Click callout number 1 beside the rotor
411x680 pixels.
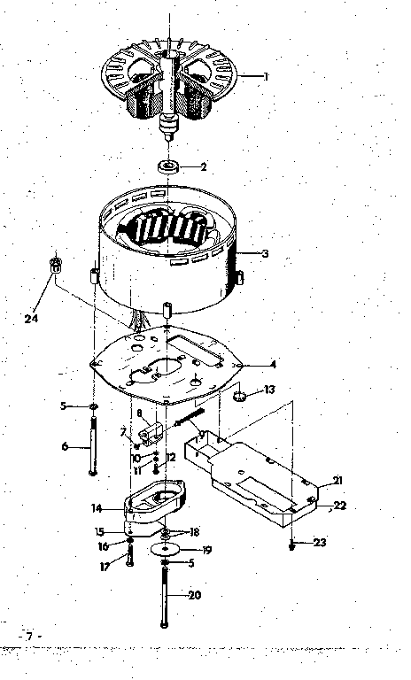coord(265,76)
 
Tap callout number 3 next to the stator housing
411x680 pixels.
coord(265,254)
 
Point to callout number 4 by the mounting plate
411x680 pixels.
coord(273,364)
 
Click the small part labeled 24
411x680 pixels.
coord(55,264)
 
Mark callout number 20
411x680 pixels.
coord(194,595)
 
